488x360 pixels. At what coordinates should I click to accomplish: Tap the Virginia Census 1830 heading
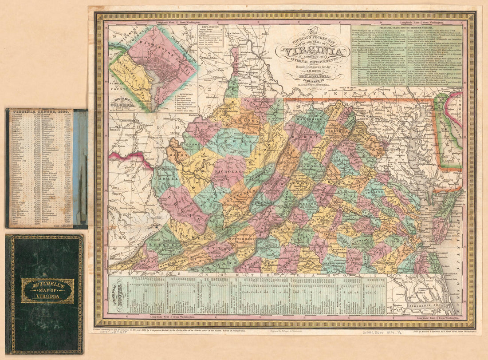coord(40,112)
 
